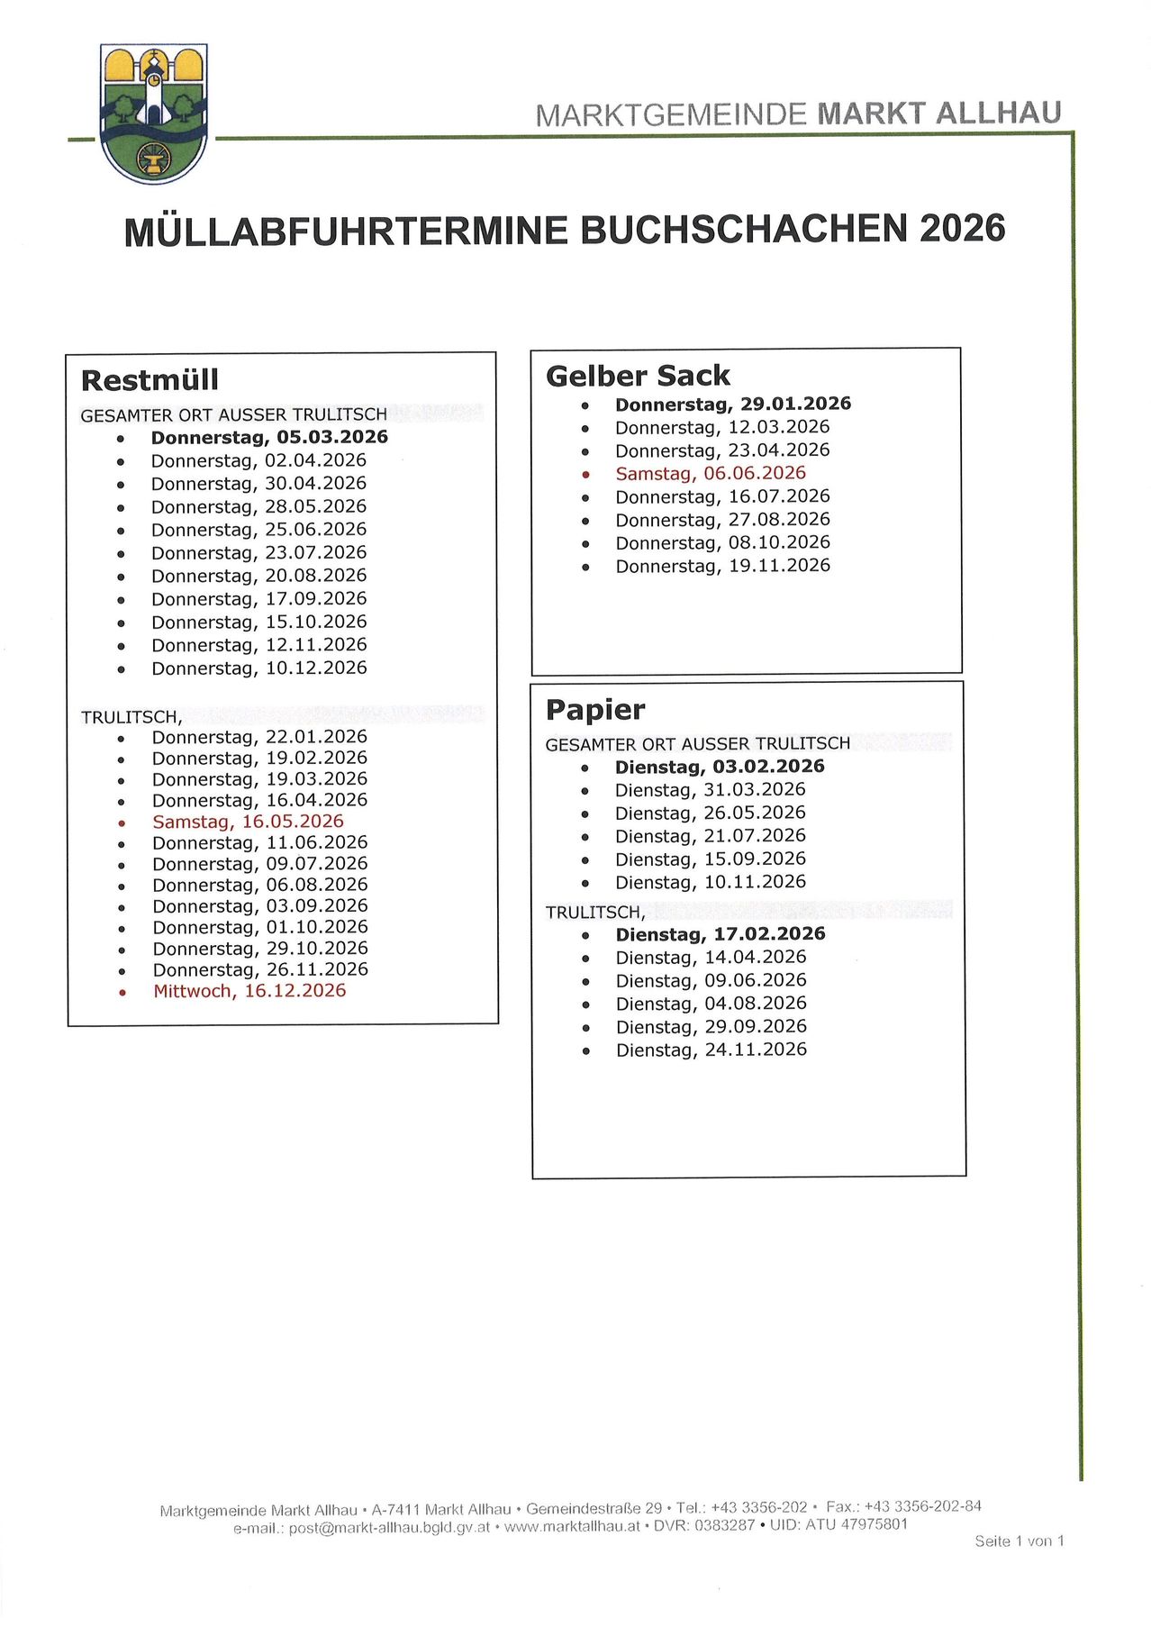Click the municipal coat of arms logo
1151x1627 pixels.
[154, 114]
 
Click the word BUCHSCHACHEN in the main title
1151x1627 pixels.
[743, 230]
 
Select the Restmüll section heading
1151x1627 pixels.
[150, 380]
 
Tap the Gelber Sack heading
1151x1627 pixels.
[638, 376]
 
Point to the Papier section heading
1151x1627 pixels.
[595, 710]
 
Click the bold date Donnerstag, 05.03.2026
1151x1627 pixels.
[269, 437]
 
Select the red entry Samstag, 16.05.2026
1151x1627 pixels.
[248, 822]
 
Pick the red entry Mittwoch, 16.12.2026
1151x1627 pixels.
[249, 991]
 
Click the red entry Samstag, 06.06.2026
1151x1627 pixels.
[711, 473]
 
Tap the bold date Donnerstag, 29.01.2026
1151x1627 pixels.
[733, 404]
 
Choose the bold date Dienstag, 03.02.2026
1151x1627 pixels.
[720, 767]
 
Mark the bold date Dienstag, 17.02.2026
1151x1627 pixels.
[721, 934]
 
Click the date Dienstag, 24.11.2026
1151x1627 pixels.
[711, 1050]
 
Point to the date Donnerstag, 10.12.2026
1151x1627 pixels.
[259, 668]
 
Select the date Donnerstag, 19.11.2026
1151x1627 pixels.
[723, 566]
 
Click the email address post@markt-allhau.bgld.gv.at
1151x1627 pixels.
[389, 1528]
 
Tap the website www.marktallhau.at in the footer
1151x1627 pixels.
[572, 1526]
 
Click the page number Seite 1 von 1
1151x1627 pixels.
[1019, 1541]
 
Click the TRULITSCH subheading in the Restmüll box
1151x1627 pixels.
[131, 717]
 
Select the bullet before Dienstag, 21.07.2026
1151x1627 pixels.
[585, 838]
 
